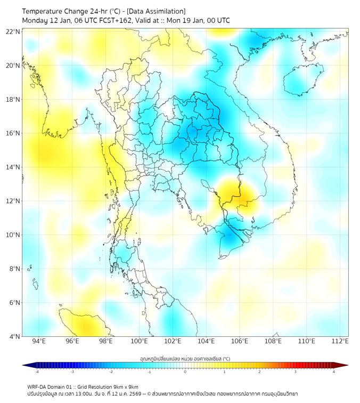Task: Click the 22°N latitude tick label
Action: (13, 31)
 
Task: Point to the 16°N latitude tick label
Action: (13, 133)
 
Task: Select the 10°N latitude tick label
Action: (13, 235)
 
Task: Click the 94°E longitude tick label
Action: (39, 341)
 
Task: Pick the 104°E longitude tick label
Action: (206, 341)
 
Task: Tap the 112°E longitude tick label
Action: (340, 341)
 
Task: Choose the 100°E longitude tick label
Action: (139, 341)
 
